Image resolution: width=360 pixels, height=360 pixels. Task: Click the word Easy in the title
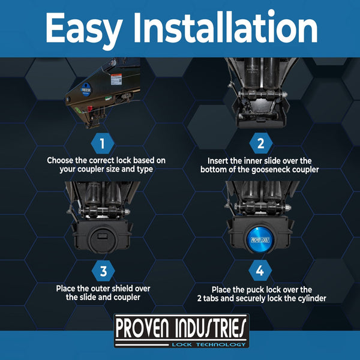pos(84,29)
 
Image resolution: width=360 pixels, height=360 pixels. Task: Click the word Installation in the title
pos(226,27)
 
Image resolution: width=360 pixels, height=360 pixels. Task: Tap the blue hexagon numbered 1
pos(103,143)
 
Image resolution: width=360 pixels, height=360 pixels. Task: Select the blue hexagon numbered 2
pos(261,143)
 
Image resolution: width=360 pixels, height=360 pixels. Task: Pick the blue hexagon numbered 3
pos(103,271)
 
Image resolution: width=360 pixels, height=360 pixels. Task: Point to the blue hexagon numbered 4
pos(260,271)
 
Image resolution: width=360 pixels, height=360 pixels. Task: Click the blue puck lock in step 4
pos(260,241)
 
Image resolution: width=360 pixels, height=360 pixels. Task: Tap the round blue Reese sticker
pos(86,89)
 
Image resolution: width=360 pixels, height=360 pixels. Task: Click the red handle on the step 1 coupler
pos(90,109)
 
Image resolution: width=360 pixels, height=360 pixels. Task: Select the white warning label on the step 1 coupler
pos(116,79)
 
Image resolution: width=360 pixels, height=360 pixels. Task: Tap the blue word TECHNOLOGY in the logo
pos(221,344)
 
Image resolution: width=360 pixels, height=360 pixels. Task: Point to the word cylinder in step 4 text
pos(312,298)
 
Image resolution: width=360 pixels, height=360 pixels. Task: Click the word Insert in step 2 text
pos(218,161)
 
